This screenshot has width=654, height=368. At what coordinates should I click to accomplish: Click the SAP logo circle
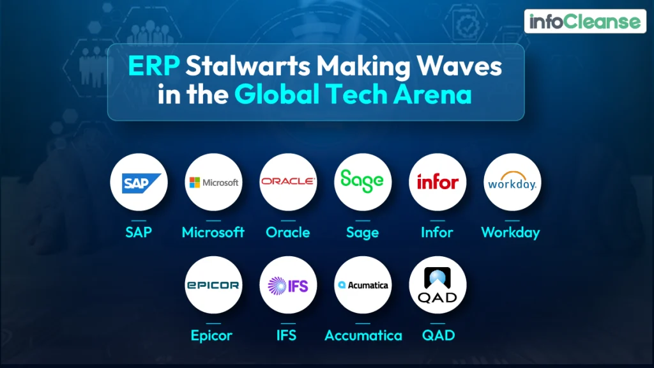coord(139,182)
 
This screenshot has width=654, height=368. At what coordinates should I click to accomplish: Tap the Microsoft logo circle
coord(213,182)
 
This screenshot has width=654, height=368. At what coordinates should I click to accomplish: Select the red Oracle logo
coord(288,181)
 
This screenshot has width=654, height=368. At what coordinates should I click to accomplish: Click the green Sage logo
coord(363,181)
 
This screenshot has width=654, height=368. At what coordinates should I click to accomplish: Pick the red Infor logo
coord(437,182)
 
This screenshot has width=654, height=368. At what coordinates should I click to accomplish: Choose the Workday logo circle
coord(512,182)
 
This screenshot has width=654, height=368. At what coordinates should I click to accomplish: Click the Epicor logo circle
coord(213,285)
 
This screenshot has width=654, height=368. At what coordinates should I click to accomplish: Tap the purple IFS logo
coord(288,285)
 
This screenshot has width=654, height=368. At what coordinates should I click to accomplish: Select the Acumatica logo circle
coord(363,285)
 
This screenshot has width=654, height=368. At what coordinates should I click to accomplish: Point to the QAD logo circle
coord(437,285)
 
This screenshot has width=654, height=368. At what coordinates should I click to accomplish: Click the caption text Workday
coord(510,233)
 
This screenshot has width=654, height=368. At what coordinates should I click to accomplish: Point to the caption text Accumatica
coord(363,335)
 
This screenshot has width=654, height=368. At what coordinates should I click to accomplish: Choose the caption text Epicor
coord(211,335)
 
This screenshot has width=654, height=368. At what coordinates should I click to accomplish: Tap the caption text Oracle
coord(288,233)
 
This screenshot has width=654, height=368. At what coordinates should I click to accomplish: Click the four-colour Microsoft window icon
coord(194,183)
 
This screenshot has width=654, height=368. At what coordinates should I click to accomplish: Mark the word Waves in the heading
coord(455,67)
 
